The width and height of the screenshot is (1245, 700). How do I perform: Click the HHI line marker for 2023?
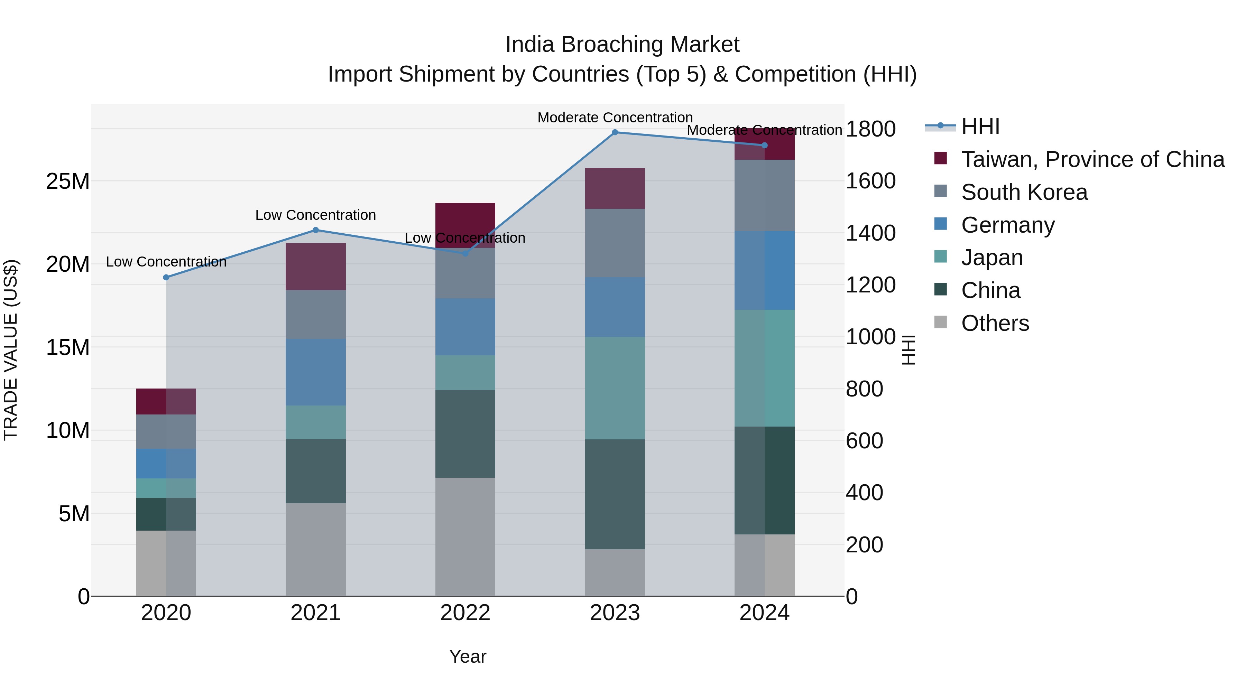tap(615, 132)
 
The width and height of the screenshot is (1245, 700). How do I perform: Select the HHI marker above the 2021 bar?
tap(316, 230)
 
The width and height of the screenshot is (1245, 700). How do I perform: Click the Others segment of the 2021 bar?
tap(316, 549)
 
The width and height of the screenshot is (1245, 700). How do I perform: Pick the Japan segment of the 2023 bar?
tap(615, 388)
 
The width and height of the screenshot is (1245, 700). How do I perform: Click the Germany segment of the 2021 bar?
tap(316, 372)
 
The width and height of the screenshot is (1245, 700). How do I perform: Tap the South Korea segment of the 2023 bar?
tap(615, 243)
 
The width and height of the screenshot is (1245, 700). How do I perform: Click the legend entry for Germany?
tap(1008, 225)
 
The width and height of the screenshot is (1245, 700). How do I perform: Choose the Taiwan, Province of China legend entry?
tap(1092, 159)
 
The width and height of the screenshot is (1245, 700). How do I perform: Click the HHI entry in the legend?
tap(980, 127)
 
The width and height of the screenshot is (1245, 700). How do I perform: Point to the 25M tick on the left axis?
tap(68, 181)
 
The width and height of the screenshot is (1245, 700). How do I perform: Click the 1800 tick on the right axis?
tap(870, 129)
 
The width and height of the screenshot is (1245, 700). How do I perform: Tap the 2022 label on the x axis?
tap(465, 613)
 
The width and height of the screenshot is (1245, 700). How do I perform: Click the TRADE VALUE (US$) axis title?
tap(11, 350)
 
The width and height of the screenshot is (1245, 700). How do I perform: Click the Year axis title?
tap(467, 656)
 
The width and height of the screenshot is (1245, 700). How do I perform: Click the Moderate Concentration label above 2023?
tap(615, 118)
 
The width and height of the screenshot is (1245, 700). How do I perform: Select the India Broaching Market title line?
tap(622, 45)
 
